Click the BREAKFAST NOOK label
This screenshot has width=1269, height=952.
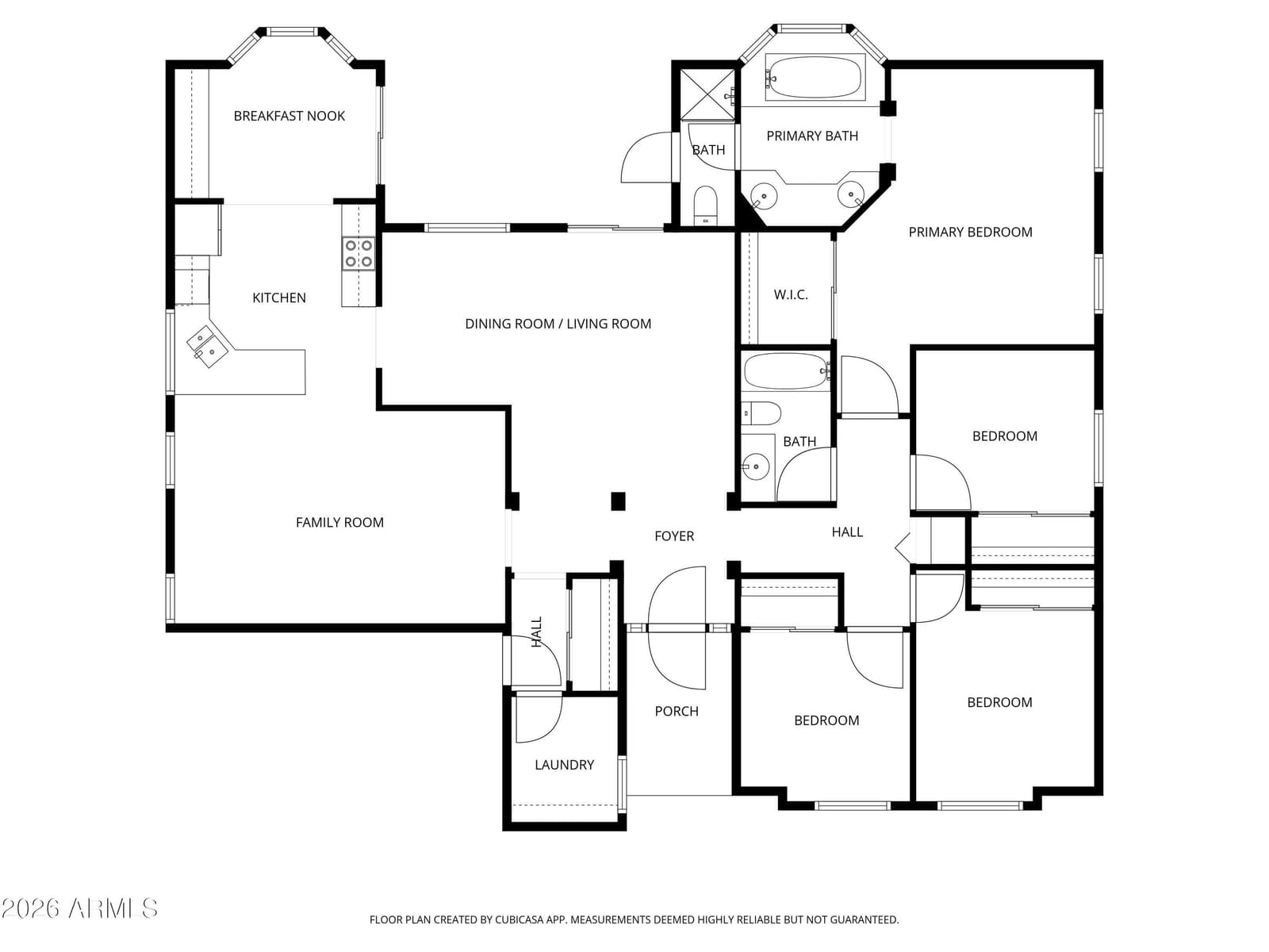click(289, 116)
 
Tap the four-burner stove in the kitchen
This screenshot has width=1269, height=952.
click(358, 253)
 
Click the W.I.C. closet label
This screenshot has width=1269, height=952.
click(790, 295)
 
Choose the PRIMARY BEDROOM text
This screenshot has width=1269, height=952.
click(970, 232)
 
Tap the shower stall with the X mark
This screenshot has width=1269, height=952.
click(707, 95)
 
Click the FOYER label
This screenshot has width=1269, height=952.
click(674, 536)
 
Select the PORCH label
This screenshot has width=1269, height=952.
click(677, 712)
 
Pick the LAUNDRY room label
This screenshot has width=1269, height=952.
click(564, 766)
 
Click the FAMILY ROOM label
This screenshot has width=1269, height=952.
click(339, 523)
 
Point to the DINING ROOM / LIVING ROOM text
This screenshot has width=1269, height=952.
click(558, 324)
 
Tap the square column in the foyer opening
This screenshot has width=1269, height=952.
click(618, 501)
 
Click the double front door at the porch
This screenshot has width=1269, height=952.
click(677, 628)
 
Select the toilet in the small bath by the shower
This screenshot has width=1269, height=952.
click(705, 205)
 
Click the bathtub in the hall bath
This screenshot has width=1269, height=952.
click(786, 371)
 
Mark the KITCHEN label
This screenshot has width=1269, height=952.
click(279, 298)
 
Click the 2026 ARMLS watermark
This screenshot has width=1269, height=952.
click(79, 908)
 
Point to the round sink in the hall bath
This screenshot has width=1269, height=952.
click(755, 466)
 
